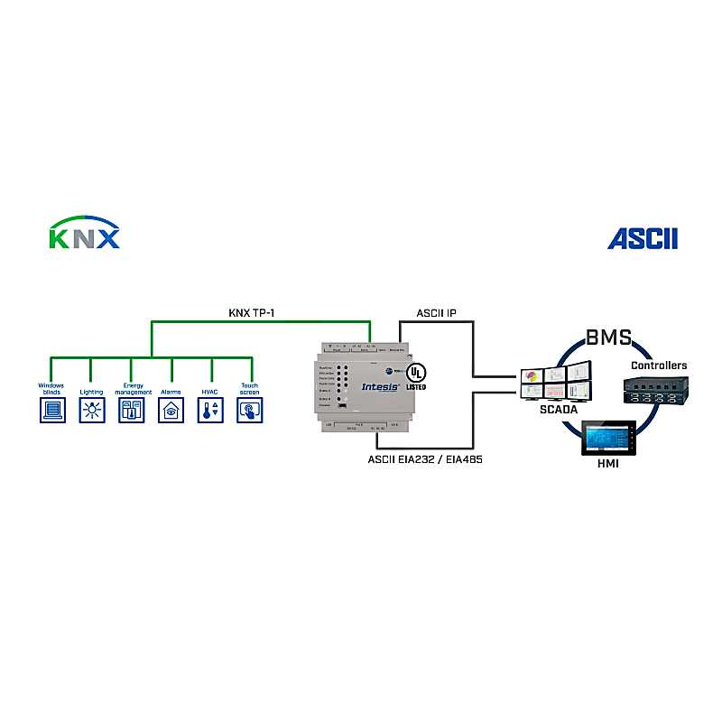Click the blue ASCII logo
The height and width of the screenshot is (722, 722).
[642, 239]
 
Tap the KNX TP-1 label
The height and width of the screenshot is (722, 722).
[251, 313]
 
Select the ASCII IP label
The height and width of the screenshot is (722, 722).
[436, 313]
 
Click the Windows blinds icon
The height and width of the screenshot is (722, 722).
[51, 411]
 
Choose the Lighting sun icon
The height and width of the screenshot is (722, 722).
[91, 411]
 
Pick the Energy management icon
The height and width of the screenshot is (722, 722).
[131, 411]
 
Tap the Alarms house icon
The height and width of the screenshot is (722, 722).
[171, 411]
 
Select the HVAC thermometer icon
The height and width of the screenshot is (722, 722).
[210, 411]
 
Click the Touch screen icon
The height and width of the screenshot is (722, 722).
[250, 411]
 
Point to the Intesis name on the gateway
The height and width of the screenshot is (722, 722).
[380, 385]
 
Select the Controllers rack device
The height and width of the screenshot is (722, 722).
[658, 389]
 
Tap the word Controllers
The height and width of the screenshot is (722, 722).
[658, 366]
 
